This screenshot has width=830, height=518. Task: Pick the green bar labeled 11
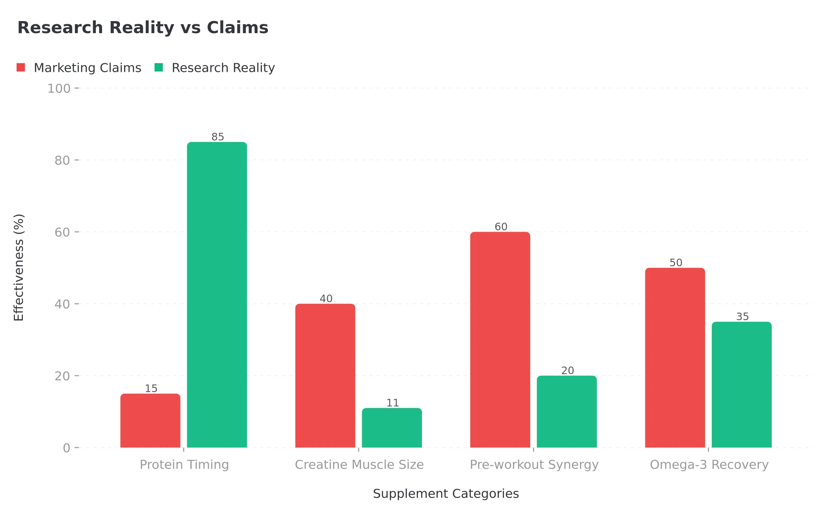click(x=392, y=428)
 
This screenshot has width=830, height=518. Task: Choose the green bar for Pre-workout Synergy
click(x=567, y=412)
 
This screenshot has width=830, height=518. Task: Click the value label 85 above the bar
click(x=218, y=137)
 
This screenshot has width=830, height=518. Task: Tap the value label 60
click(x=501, y=227)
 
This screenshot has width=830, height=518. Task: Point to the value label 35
click(x=743, y=316)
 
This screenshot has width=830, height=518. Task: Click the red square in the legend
click(x=21, y=68)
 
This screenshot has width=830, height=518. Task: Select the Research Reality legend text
click(x=223, y=68)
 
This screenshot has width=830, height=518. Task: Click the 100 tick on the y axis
click(x=59, y=88)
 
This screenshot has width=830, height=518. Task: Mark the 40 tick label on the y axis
click(x=62, y=304)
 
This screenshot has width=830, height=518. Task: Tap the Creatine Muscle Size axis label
click(x=359, y=464)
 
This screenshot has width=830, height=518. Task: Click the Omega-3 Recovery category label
click(x=709, y=464)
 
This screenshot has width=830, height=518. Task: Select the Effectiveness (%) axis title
click(x=19, y=268)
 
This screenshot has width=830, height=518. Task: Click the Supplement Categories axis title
click(x=446, y=493)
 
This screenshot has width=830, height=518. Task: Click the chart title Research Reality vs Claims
click(x=143, y=28)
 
